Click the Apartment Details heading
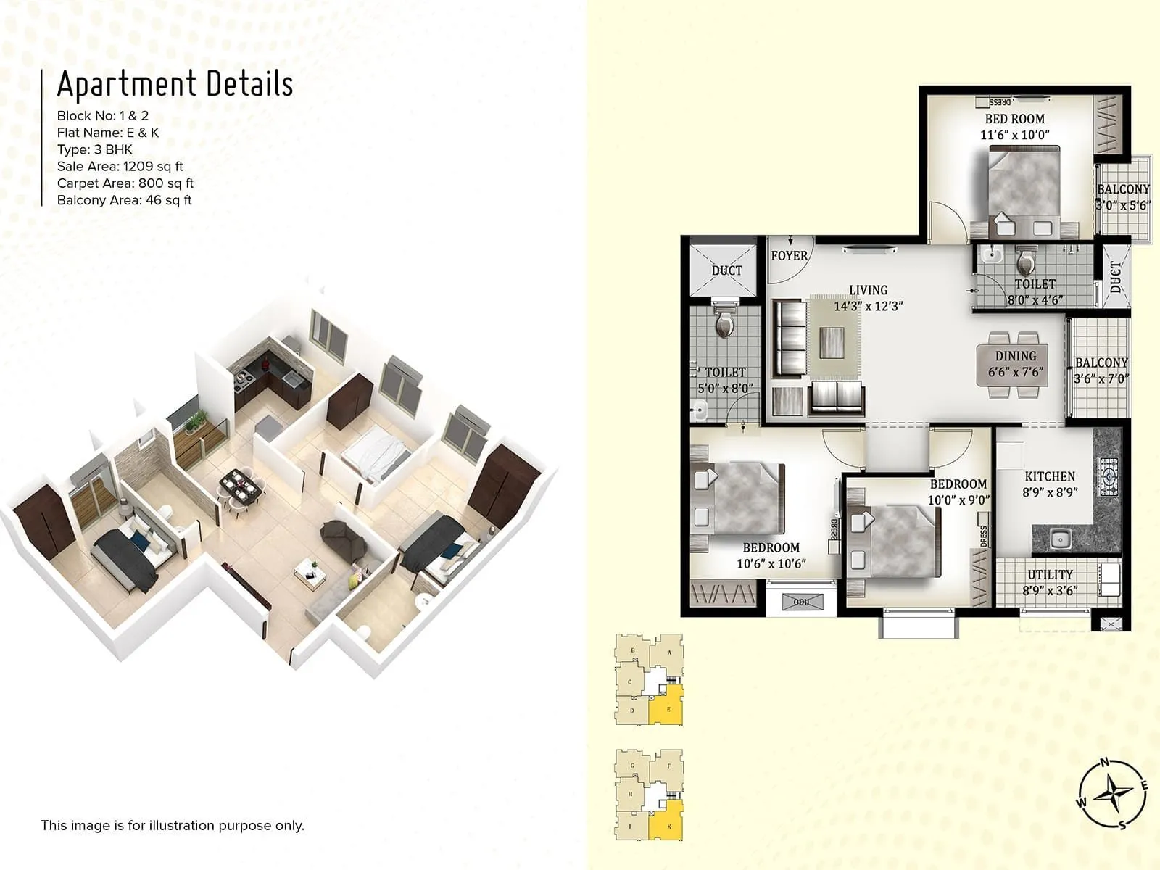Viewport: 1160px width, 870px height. [x=175, y=84]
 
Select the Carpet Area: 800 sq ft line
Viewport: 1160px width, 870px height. [x=125, y=183]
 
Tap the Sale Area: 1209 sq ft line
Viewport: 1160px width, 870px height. [x=120, y=167]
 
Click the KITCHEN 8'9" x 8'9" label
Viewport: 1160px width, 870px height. [x=1050, y=484]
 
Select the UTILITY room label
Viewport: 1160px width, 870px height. [x=1050, y=582]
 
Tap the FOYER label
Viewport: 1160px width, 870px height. [x=789, y=256]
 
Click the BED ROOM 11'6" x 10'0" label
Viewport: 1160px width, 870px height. [x=1014, y=126]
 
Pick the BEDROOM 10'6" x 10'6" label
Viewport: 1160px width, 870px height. [x=771, y=555]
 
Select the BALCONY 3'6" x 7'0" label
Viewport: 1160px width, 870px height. [x=1101, y=370]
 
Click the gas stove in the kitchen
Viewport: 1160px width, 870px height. [x=1109, y=476]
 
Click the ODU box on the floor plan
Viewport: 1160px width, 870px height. [x=801, y=602]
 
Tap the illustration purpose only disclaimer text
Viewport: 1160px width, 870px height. [x=173, y=825]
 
